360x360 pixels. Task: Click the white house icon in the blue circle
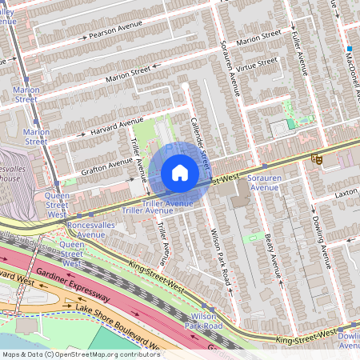click(180, 172)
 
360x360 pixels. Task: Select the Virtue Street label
click(256, 65)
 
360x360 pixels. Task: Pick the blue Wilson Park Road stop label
click(202, 321)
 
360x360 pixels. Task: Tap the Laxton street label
click(346, 193)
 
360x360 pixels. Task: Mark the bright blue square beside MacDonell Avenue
click(350, 48)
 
